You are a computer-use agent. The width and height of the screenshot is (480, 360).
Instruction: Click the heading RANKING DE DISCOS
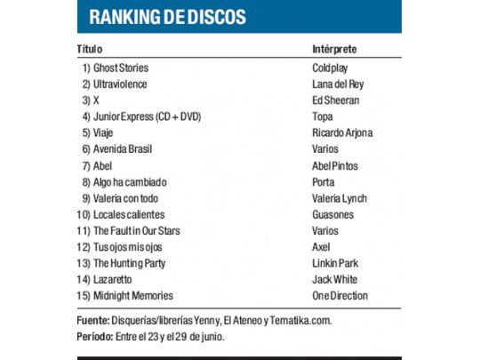pyautogui.click(x=168, y=17)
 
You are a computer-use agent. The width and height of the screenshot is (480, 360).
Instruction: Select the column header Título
pyautogui.click(x=90, y=48)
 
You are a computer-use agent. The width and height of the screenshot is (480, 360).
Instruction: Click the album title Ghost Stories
pyautogui.click(x=121, y=68)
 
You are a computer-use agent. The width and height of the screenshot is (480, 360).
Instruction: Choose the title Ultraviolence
pyautogui.click(x=120, y=84)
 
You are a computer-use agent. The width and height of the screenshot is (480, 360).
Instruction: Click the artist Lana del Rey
pyautogui.click(x=337, y=84)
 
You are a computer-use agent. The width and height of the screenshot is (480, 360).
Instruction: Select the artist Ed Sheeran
pyautogui.click(x=335, y=100)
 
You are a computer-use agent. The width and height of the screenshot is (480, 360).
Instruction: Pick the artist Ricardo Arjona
pyautogui.click(x=342, y=132)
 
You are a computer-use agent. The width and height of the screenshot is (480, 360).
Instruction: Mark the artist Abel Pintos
pyautogui.click(x=335, y=165)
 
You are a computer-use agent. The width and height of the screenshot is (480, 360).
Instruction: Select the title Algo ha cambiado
pyautogui.click(x=130, y=181)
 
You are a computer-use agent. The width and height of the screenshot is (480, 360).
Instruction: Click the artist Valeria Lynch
pyautogui.click(x=339, y=198)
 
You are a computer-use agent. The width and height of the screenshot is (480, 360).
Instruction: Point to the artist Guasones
pyautogui.click(x=332, y=214)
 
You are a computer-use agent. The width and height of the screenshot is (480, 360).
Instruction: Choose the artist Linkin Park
pyautogui.click(x=335, y=263)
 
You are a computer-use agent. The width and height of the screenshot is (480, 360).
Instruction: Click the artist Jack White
pyautogui.click(x=333, y=279)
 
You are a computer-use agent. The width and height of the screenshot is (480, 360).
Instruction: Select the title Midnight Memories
pyautogui.click(x=133, y=295)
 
